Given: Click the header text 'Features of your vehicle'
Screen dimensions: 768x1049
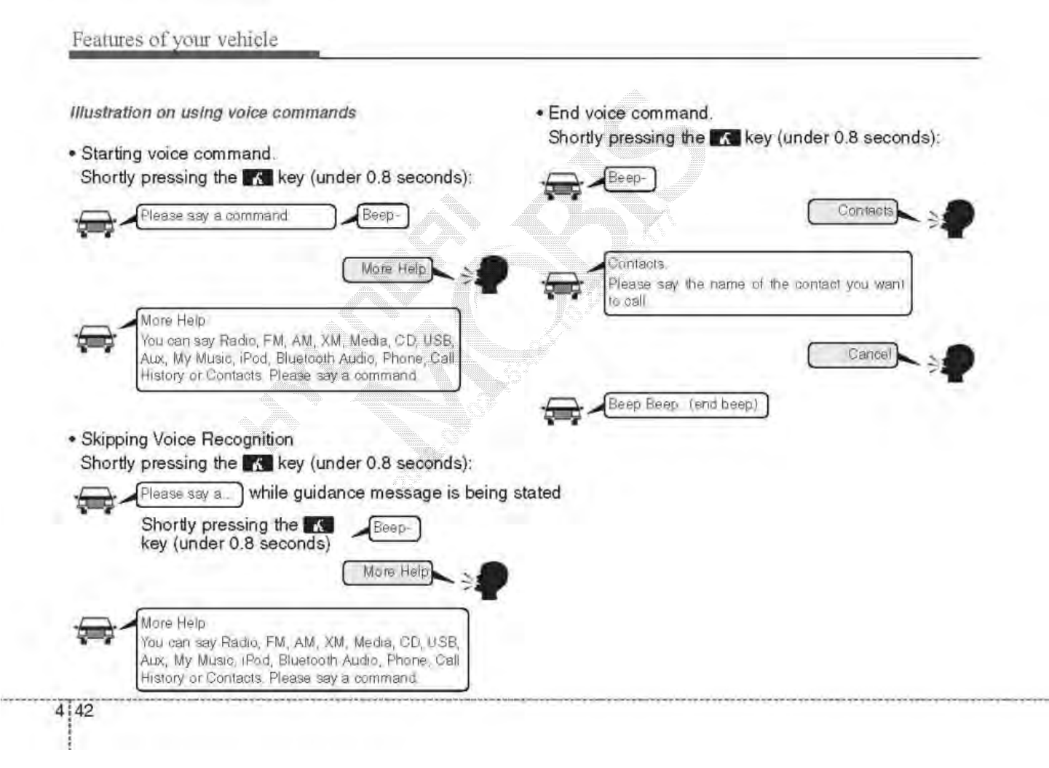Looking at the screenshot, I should [174, 39].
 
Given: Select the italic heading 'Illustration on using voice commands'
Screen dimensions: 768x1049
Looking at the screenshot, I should [213, 113].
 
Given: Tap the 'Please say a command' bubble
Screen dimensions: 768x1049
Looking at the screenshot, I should [236, 216].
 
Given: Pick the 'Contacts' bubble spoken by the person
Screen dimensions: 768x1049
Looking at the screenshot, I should [853, 211].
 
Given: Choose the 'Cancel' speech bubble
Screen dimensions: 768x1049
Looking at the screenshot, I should [853, 355].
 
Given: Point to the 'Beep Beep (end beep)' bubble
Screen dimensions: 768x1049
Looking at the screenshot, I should [686, 405].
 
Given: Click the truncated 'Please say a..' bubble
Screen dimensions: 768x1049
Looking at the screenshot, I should [189, 494].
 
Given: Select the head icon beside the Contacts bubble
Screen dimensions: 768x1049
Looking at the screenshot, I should [957, 218].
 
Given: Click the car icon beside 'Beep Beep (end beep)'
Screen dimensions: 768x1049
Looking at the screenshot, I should [563, 411].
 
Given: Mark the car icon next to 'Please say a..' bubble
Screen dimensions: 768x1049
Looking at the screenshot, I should [95, 500].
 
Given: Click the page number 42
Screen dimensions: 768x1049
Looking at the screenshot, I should [84, 710].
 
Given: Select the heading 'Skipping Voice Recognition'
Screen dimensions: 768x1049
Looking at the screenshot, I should [187, 440].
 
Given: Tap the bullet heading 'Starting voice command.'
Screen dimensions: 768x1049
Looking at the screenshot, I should [178, 154].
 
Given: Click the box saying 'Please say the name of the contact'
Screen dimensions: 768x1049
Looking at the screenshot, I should [757, 284].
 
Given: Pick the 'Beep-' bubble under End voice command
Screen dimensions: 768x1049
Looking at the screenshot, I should [630, 179].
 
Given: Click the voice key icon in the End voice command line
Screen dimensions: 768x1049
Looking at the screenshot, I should [724, 138].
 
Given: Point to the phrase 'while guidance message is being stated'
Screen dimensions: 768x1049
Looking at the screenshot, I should [405, 493].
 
